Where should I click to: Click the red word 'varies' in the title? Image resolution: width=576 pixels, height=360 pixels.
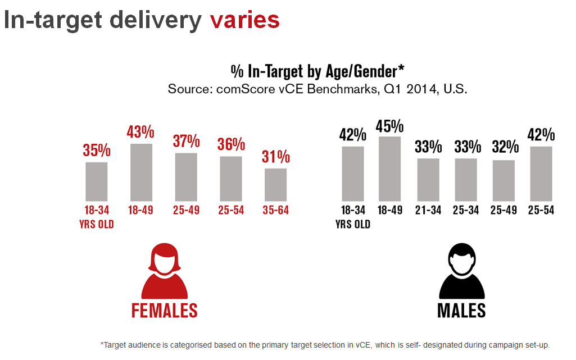click(x=244, y=20)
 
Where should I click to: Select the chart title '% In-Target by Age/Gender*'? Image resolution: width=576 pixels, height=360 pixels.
click(x=318, y=71)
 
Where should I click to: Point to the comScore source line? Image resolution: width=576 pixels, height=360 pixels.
click(x=318, y=89)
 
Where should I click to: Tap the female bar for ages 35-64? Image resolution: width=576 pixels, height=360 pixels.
click(x=275, y=184)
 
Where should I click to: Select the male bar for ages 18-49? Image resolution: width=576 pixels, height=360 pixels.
click(x=391, y=168)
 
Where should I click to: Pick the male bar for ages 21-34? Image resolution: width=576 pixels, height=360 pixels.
click(x=428, y=179)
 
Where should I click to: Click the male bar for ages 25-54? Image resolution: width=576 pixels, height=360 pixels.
click(x=541, y=173)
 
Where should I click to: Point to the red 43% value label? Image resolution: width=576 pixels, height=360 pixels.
click(x=140, y=132)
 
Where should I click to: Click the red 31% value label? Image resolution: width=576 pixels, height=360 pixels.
click(x=275, y=157)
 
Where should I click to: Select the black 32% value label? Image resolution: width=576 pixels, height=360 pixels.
click(x=504, y=147)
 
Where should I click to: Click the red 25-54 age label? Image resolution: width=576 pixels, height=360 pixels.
click(x=231, y=211)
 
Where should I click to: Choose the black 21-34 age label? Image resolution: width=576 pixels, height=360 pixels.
click(x=428, y=211)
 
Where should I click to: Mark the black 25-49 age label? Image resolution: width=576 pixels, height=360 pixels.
click(x=504, y=211)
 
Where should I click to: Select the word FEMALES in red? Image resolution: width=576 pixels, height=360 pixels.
click(x=164, y=310)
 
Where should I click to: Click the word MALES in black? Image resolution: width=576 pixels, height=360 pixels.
click(x=461, y=310)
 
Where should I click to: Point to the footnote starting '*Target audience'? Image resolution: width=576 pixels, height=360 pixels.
click(x=325, y=344)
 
